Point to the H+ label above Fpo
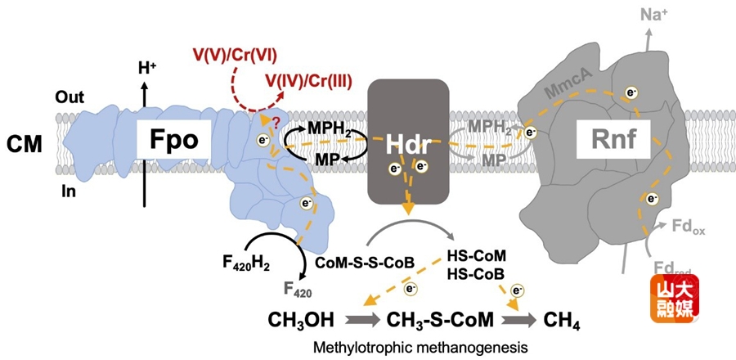tap(148, 69)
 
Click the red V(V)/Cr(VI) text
tap(235, 56)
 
